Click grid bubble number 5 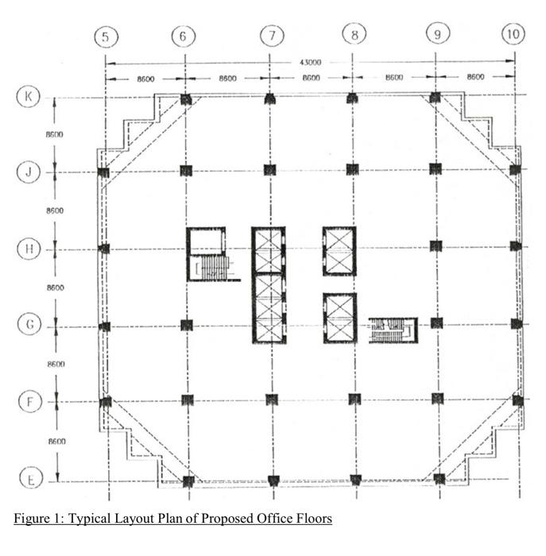pyautogui.click(x=106, y=37)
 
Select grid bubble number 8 pyautogui.click(x=354, y=34)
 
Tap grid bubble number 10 pyautogui.click(x=514, y=34)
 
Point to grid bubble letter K pyautogui.click(x=29, y=96)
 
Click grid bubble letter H pyautogui.click(x=29, y=249)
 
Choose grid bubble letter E pyautogui.click(x=29, y=479)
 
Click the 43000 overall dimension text pyautogui.click(x=311, y=62)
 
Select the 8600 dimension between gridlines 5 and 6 pyautogui.click(x=145, y=78)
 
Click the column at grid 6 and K pyautogui.click(x=186, y=99)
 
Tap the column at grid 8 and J pyautogui.click(x=352, y=169)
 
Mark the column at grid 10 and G pyautogui.click(x=516, y=324)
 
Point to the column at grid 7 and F pyautogui.click(x=271, y=400)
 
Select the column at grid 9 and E pyautogui.click(x=438, y=479)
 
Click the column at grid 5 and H pyautogui.click(x=103, y=249)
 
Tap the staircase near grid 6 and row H pyautogui.click(x=212, y=268)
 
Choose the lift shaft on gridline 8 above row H pyautogui.click(x=339, y=250)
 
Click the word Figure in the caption pyautogui.click(x=33, y=519)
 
